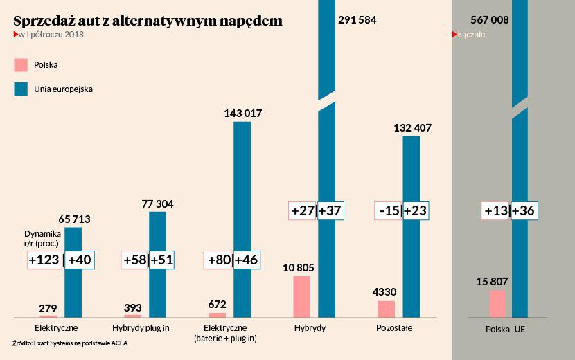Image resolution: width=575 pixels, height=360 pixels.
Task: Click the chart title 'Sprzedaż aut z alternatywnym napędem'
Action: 148,21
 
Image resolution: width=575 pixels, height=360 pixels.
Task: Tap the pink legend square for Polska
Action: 21,65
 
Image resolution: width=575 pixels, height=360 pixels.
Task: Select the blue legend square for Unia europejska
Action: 21,89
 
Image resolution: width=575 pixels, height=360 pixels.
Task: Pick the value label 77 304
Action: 157,204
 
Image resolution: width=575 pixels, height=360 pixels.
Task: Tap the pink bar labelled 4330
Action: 386,309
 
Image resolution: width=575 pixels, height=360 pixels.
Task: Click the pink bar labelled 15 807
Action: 497,303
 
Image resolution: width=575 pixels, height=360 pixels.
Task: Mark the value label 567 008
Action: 489,20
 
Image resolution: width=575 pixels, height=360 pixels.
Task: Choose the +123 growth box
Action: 44,260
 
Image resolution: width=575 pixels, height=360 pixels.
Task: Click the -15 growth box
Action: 388,210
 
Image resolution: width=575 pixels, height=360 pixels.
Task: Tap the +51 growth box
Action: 161,260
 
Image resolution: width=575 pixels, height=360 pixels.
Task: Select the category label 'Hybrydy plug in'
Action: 141,327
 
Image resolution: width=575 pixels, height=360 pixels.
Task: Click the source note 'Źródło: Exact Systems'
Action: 70,343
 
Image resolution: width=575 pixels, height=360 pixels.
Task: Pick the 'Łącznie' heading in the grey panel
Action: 471,35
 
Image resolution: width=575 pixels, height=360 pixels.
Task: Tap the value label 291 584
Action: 357,20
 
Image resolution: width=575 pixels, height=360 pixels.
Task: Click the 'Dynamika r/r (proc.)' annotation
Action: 43,238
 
